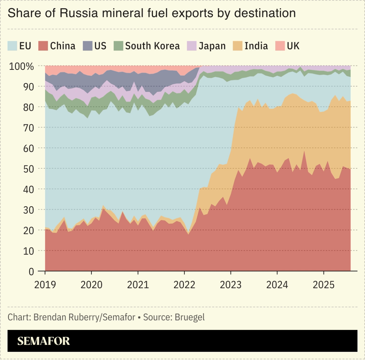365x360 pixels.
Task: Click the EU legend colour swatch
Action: point(12,46)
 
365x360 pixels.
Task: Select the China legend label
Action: point(63,46)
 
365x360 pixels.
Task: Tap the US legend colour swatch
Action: point(87,46)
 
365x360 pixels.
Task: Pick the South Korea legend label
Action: point(152,46)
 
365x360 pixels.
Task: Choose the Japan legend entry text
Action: point(212,46)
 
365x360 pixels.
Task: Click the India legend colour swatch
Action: point(238,46)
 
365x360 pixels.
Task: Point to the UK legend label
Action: point(293,46)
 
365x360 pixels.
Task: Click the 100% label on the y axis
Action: point(22,66)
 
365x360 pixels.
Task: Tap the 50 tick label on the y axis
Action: point(29,169)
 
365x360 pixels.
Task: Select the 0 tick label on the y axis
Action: point(31,272)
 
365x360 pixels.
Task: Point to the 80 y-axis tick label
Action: point(29,107)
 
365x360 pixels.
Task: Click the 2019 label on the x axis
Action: point(45,285)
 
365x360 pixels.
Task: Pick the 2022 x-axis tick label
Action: point(184,285)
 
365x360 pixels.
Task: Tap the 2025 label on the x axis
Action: point(323,285)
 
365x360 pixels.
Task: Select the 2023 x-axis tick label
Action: point(231,285)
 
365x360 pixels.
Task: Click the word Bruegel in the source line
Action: point(189,317)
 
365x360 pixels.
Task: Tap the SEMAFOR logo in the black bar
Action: point(43,341)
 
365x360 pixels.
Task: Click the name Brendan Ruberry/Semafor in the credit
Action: point(84,317)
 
